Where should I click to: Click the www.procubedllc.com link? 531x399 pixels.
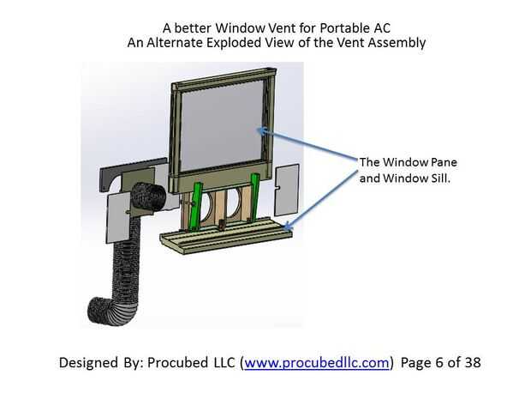pyautogui.click(x=318, y=362)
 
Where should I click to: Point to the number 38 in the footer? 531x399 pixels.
pyautogui.click(x=472, y=362)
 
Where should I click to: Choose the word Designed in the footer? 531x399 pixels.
pyautogui.click(x=91, y=362)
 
